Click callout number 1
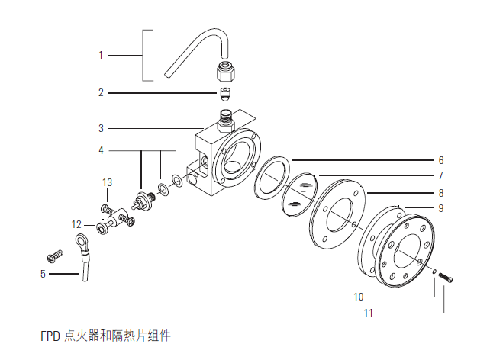point(100,55)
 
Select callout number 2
point(100,93)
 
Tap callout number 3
point(100,127)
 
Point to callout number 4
point(100,150)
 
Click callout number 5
point(43,274)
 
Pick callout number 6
point(440,161)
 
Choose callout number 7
point(440,176)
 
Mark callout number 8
point(440,194)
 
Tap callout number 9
point(440,208)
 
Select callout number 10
point(358,296)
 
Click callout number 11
point(368,312)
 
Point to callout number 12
point(76,224)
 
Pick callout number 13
point(108,182)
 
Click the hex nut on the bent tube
point(226,72)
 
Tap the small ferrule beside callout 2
point(224,95)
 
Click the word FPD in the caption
point(50,335)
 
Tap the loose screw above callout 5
point(54,255)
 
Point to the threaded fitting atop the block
point(226,117)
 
